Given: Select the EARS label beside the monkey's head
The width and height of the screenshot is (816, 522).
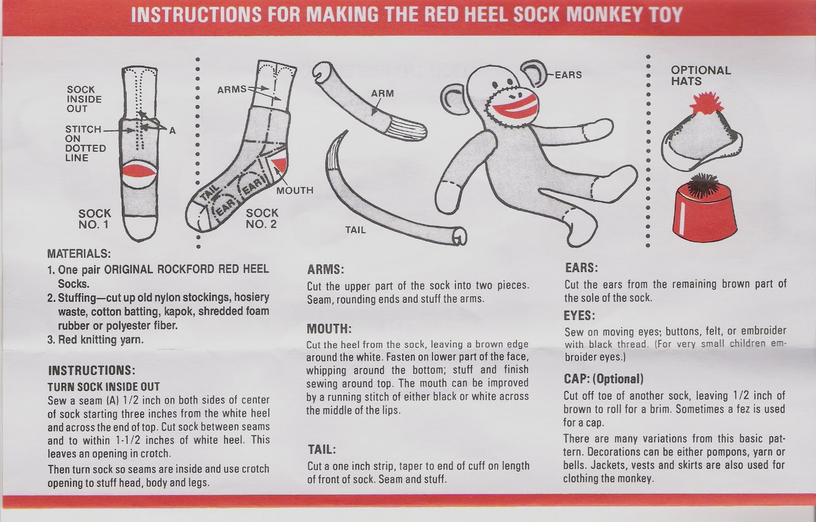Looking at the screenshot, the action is [568, 75].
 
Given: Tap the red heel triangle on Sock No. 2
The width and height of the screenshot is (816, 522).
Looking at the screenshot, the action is [280, 165].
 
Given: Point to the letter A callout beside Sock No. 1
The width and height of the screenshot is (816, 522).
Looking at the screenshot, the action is [172, 130].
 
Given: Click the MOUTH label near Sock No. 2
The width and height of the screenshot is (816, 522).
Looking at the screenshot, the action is [295, 190].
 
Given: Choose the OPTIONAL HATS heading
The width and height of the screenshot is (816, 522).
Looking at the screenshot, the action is [701, 75].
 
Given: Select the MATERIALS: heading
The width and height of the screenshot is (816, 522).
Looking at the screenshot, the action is [79, 253].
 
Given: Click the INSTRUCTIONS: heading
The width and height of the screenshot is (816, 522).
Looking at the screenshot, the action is [91, 371].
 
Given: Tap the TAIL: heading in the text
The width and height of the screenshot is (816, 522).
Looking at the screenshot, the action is [322, 450].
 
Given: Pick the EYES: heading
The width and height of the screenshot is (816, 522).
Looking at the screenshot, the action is [579, 315].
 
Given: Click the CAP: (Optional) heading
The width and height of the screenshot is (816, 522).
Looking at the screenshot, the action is [603, 379].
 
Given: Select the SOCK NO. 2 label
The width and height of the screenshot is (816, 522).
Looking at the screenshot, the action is [262, 218].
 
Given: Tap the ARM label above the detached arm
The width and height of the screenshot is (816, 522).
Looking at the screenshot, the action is [382, 94].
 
